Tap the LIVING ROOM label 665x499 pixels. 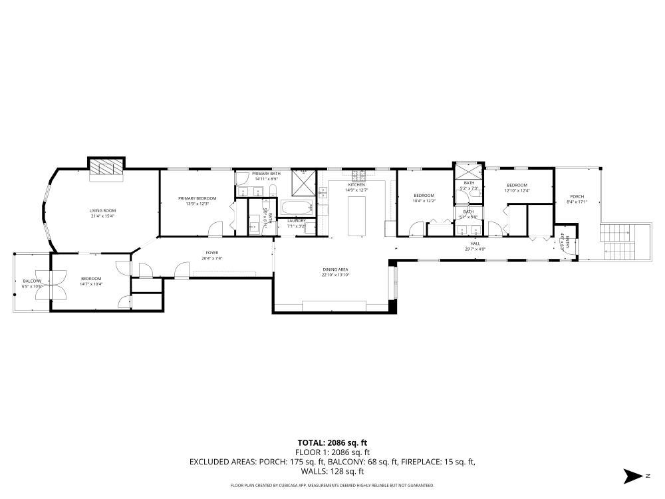[x=102, y=210]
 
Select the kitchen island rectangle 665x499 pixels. [x=358, y=216]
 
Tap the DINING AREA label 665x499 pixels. [x=335, y=269]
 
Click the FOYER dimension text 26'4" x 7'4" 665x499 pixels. [x=212, y=258]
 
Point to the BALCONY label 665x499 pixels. [x=31, y=281]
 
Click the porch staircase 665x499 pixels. [x=618, y=243]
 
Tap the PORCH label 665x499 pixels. [x=577, y=196]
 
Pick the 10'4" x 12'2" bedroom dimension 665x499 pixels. [x=424, y=201]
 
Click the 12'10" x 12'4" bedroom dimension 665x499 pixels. [x=517, y=191]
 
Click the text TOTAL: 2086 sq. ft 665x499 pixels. [x=332, y=442]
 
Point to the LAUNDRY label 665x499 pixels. [x=296, y=221]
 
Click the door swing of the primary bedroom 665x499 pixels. [x=215, y=229]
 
